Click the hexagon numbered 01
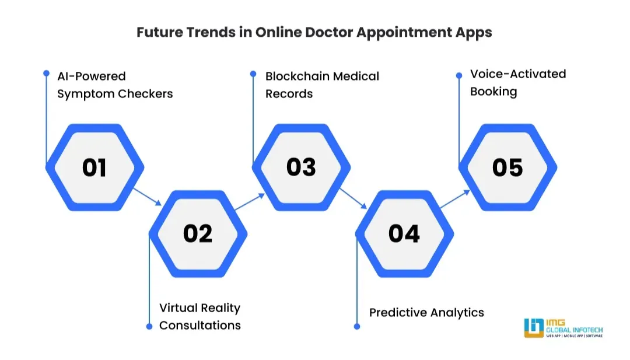[94, 167]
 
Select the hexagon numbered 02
[198, 233]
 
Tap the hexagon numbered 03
[301, 167]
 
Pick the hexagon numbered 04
[404, 233]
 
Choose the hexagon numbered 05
[508, 167]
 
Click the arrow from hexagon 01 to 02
[147, 196]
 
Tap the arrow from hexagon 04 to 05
[454, 199]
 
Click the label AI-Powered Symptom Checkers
[115, 85]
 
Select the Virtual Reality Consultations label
[199, 316]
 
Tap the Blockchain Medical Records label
[322, 85]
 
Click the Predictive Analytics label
[426, 312]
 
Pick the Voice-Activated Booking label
[518, 82]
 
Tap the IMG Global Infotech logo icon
[534, 328]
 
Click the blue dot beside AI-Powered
[46, 73]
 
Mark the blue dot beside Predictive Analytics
[357, 326]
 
